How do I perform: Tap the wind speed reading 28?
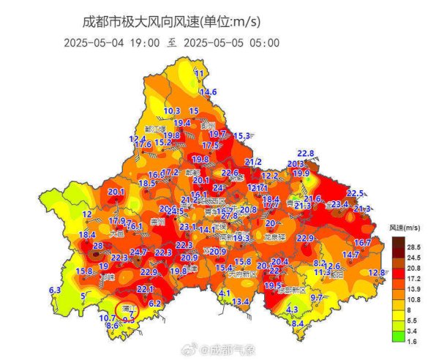(x=97, y=246)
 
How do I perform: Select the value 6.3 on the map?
(x=55, y=290)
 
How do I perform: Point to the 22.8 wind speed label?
(x=305, y=154)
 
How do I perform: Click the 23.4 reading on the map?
(x=340, y=205)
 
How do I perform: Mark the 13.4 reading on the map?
(x=241, y=301)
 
